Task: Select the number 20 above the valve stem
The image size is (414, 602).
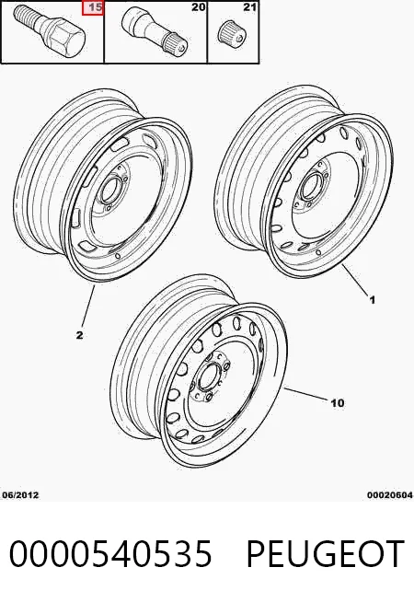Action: [198, 7]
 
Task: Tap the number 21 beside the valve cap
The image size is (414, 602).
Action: [249, 7]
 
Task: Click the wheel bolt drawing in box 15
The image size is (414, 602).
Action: [51, 31]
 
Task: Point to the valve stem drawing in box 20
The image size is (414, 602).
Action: [155, 29]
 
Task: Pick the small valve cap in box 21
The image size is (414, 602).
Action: [231, 33]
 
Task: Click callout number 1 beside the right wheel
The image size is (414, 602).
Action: [373, 299]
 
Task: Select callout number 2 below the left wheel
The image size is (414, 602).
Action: [79, 335]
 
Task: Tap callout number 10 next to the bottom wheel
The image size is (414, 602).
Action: [338, 403]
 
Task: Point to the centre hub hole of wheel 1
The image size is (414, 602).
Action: [309, 183]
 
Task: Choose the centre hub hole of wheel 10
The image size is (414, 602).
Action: [207, 377]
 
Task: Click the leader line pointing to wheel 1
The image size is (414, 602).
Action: [354, 280]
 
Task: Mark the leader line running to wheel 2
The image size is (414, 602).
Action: [88, 307]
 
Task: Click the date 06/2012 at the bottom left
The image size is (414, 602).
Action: [21, 495]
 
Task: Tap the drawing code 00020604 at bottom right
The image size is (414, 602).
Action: [390, 495]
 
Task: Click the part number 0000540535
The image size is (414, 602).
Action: [110, 553]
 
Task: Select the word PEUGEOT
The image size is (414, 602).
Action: [325, 553]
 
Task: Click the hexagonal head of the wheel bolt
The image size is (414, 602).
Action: [67, 42]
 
